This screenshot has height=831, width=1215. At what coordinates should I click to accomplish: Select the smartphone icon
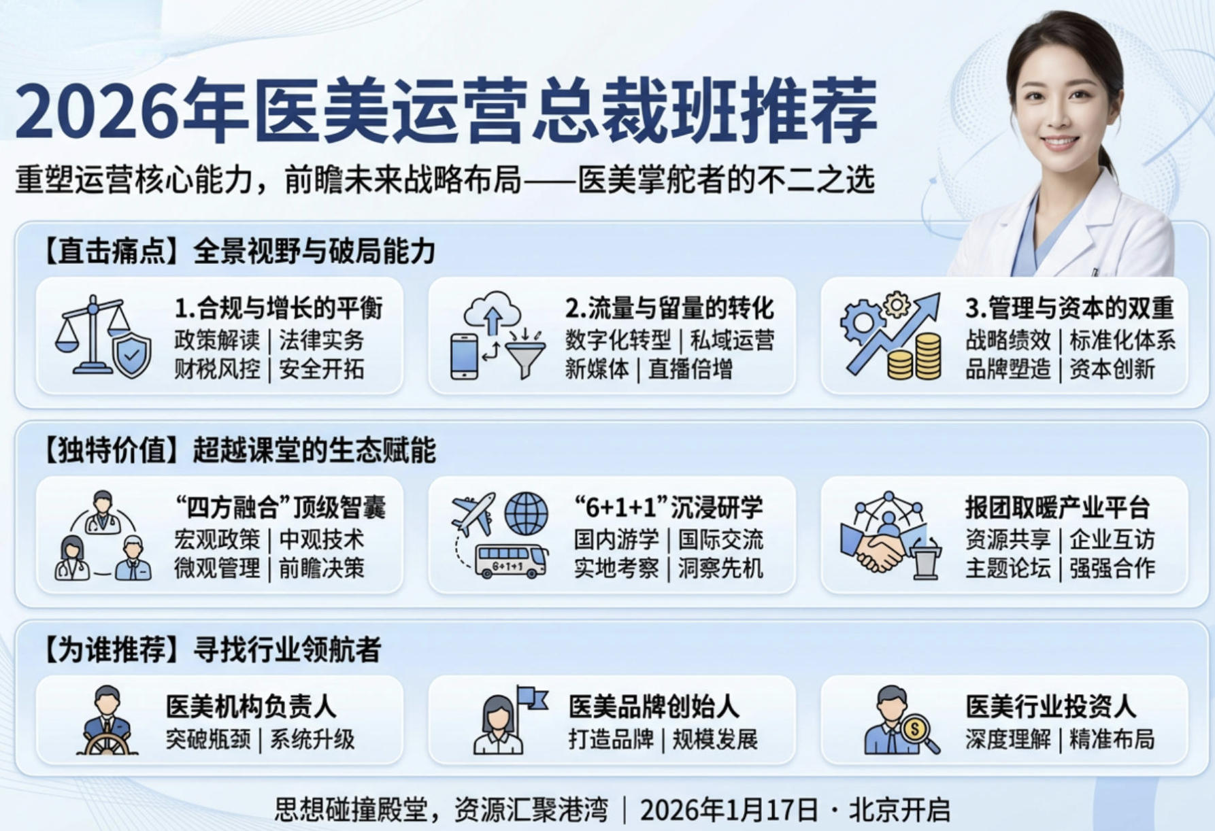click(464, 356)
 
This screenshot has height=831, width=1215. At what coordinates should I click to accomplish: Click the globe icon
click(526, 513)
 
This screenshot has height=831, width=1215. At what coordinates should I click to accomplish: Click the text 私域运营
click(732, 340)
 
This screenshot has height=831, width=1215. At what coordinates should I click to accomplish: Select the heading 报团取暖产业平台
click(1057, 507)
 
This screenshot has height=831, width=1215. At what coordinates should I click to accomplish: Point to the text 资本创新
click(1112, 369)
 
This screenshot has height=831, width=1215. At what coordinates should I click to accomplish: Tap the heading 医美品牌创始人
click(653, 707)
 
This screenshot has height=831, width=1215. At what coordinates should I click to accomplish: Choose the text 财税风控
click(217, 369)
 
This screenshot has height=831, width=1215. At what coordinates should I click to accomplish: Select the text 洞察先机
click(720, 569)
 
